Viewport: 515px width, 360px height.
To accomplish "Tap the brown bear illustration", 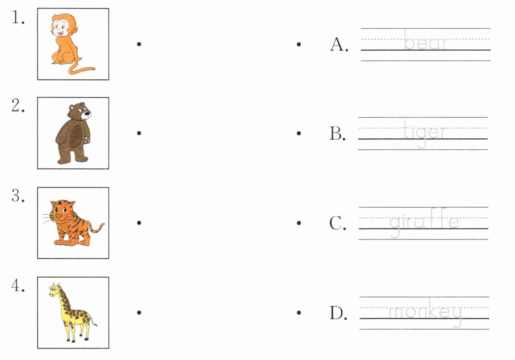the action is tap(73, 133).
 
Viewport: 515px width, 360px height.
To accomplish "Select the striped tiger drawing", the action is tap(73, 223).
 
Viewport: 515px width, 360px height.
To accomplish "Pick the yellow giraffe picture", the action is tap(73, 312).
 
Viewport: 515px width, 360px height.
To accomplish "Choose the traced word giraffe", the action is tap(424, 223).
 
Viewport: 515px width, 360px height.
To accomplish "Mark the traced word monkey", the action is tap(425, 313).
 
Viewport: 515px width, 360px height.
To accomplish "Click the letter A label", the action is tap(339, 44).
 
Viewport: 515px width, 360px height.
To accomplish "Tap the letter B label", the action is tap(337, 133).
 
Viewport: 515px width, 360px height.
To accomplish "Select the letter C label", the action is tap(337, 223).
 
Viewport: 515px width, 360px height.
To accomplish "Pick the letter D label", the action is tap(338, 313).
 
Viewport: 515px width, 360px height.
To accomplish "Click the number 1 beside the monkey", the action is tap(18, 18).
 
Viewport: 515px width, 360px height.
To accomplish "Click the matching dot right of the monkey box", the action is tap(139, 44).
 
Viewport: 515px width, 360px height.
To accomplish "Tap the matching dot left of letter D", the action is tap(299, 312).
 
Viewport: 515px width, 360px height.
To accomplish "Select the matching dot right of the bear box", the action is tap(139, 133).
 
